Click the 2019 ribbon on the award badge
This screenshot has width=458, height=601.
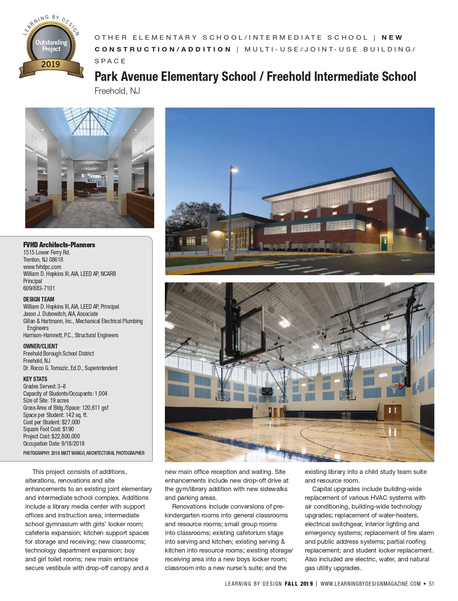click(51, 64)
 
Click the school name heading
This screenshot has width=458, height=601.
click(255, 77)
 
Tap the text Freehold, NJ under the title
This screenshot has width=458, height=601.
click(117, 91)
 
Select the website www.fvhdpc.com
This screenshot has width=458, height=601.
click(42, 267)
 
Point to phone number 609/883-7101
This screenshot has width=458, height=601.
click(39, 288)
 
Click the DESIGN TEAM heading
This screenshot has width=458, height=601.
click(39, 299)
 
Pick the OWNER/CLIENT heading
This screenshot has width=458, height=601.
click(40, 346)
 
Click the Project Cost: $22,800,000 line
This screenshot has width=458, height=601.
click(52, 436)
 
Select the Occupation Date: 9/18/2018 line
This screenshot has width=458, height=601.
click(54, 443)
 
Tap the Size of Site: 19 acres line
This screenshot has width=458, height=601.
click(46, 400)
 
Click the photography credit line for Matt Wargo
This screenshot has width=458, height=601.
click(84, 453)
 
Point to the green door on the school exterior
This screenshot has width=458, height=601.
click(384, 241)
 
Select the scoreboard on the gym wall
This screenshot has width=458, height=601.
click(267, 390)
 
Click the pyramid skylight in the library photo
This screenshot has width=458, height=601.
click(90, 121)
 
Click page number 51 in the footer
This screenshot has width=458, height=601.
click(432, 583)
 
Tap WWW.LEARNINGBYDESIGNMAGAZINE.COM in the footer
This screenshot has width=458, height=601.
click(371, 583)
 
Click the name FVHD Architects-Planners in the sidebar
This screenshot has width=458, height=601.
click(59, 245)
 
